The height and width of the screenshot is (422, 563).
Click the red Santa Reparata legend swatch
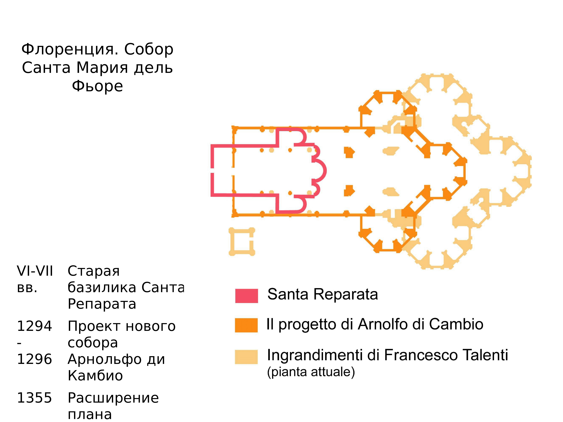246,296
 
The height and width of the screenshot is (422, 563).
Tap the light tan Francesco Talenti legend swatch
246,357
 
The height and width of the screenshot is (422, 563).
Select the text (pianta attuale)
311,372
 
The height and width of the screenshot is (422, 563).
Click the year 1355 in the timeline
34,398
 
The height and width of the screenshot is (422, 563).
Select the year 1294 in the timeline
34,326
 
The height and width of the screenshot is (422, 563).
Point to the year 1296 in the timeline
34,359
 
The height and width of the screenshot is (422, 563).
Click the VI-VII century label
35,271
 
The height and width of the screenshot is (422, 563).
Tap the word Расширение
113,398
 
